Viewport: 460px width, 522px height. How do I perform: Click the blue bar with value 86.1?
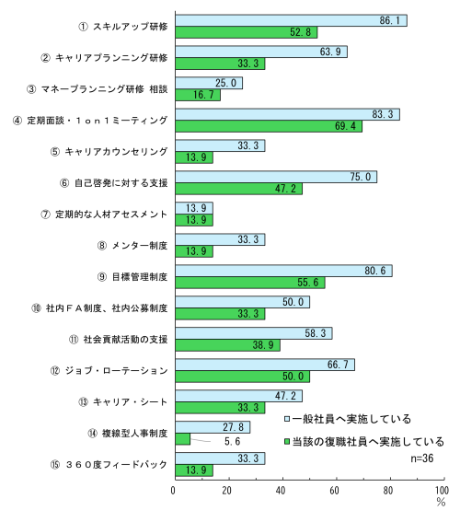pyautogui.click(x=290, y=20)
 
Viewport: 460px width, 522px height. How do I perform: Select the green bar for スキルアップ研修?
pyautogui.click(x=245, y=32)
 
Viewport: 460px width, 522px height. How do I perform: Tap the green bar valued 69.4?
pyautogui.click(x=267, y=126)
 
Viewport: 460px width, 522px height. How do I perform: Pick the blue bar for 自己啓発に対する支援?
pyautogui.click(x=275, y=177)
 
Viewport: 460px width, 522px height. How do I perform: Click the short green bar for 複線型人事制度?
pyautogui.click(x=181, y=439)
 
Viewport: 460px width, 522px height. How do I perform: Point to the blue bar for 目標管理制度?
pyautogui.click(x=282, y=271)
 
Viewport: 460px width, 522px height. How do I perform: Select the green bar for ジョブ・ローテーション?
pyautogui.click(x=241, y=377)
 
